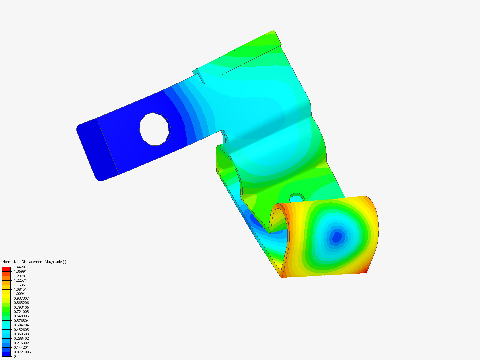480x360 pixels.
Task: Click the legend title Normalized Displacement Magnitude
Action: click(x=34, y=262)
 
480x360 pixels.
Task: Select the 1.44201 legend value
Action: click(x=20, y=267)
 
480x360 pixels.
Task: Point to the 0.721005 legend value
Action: click(x=21, y=312)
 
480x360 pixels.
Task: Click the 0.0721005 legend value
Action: click(x=22, y=352)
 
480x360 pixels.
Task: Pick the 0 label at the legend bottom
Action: click(x=15, y=356)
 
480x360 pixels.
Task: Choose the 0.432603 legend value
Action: click(x=21, y=330)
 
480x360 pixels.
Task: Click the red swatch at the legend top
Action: click(x=6, y=269)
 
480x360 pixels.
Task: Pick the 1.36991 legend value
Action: click(x=20, y=271)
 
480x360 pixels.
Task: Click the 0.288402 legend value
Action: click(x=21, y=338)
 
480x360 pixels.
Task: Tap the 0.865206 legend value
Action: click(x=21, y=303)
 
